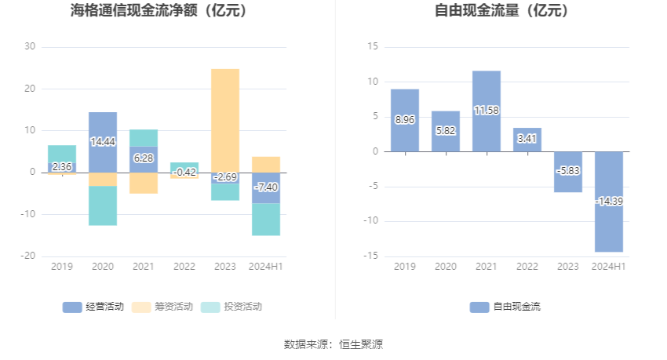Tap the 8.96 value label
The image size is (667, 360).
click(x=405, y=120)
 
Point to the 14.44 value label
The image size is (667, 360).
click(x=103, y=142)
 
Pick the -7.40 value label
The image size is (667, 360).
click(x=266, y=187)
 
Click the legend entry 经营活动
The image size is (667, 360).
click(x=93, y=307)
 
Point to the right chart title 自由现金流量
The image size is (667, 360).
click(x=502, y=11)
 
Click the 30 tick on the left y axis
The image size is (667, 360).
click(x=30, y=46)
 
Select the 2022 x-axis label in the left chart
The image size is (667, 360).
click(x=184, y=267)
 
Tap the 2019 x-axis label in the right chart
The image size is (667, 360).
click(x=405, y=267)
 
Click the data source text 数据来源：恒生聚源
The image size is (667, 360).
click(x=333, y=344)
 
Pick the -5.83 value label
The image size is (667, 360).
click(x=568, y=170)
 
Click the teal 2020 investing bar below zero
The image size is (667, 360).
click(x=103, y=205)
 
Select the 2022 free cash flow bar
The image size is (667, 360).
click(x=527, y=140)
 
